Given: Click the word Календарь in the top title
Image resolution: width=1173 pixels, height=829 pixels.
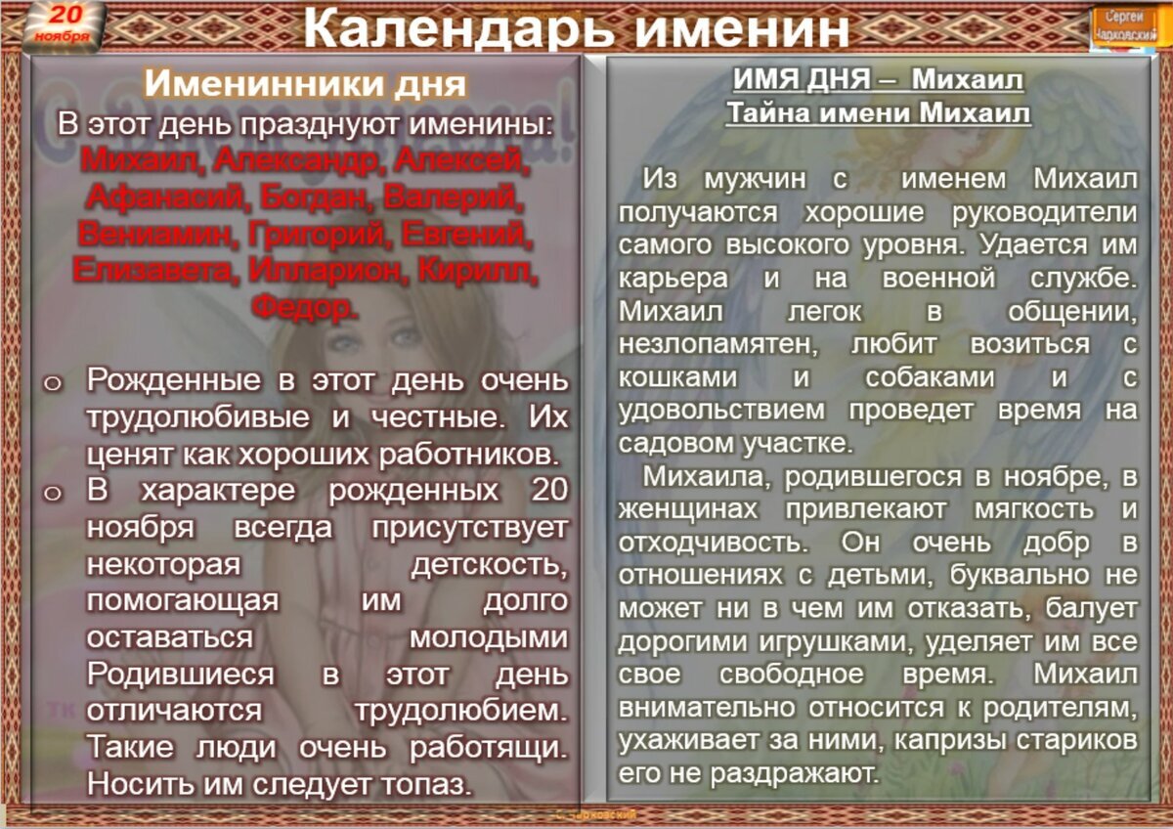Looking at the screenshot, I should point(459,28).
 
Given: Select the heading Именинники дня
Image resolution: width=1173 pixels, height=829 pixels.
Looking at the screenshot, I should point(305,83).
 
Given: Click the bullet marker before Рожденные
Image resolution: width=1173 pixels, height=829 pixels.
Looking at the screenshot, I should point(53,383).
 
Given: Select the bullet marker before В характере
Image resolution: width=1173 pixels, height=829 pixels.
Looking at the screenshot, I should point(53,492).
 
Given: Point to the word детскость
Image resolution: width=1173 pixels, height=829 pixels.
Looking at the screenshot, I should point(488,564).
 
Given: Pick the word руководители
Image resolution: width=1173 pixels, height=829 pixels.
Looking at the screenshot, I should point(1045,212).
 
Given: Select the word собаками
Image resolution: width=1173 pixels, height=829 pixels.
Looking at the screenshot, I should point(930,376).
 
